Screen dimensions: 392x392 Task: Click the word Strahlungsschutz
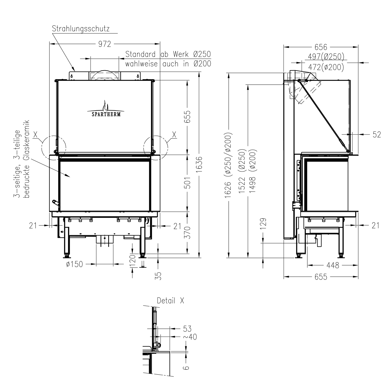point(81,29)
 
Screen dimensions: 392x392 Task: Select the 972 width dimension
point(105,44)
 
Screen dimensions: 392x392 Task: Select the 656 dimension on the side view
point(321,47)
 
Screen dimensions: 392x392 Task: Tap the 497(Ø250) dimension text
point(326,56)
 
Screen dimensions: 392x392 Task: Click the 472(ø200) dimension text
point(326,67)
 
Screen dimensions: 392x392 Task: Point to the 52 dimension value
point(377,134)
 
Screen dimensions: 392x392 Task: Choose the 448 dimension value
point(333,266)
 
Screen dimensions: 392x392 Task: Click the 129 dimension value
point(263,223)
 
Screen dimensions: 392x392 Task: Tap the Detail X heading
point(170,301)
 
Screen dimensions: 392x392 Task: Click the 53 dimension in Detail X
point(187,328)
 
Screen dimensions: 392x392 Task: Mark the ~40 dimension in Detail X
point(190,337)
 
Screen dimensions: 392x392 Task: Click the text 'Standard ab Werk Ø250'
point(168,54)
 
